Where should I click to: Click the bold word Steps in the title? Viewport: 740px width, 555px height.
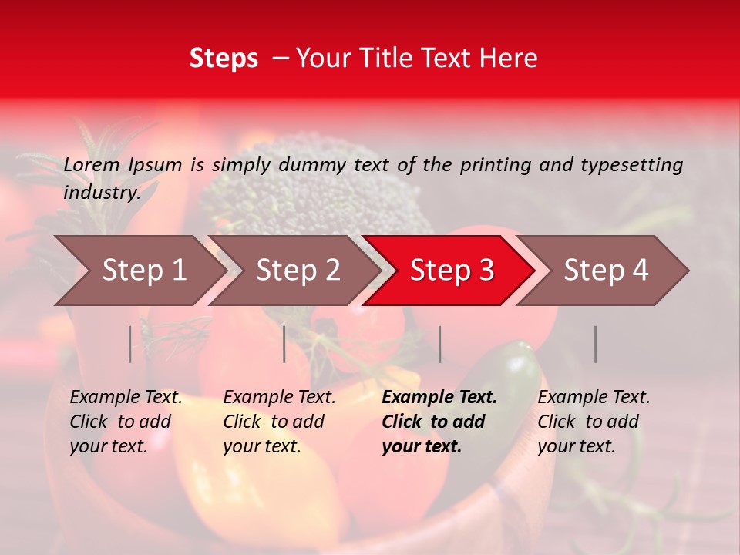pyautogui.click(x=224, y=59)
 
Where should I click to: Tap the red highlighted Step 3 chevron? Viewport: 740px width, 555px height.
pyautogui.click(x=451, y=271)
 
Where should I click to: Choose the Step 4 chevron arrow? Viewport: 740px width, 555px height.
pyautogui.click(x=605, y=271)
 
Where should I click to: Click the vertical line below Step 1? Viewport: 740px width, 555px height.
pyautogui.click(x=130, y=344)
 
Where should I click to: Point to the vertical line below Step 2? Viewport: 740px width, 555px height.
pyautogui.click(x=284, y=344)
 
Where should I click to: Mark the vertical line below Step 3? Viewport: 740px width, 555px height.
pyautogui.click(x=439, y=344)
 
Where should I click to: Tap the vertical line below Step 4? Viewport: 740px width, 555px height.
pyautogui.click(x=595, y=344)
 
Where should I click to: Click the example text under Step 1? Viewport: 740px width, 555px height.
pyautogui.click(x=126, y=422)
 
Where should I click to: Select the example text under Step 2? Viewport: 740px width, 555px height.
pyautogui.click(x=279, y=422)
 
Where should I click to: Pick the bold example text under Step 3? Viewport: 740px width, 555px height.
pyautogui.click(x=439, y=422)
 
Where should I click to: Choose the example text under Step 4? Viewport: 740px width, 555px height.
pyautogui.click(x=594, y=422)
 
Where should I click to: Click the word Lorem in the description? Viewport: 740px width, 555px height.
pyautogui.click(x=92, y=164)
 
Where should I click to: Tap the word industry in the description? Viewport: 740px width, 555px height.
pyautogui.click(x=102, y=193)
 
